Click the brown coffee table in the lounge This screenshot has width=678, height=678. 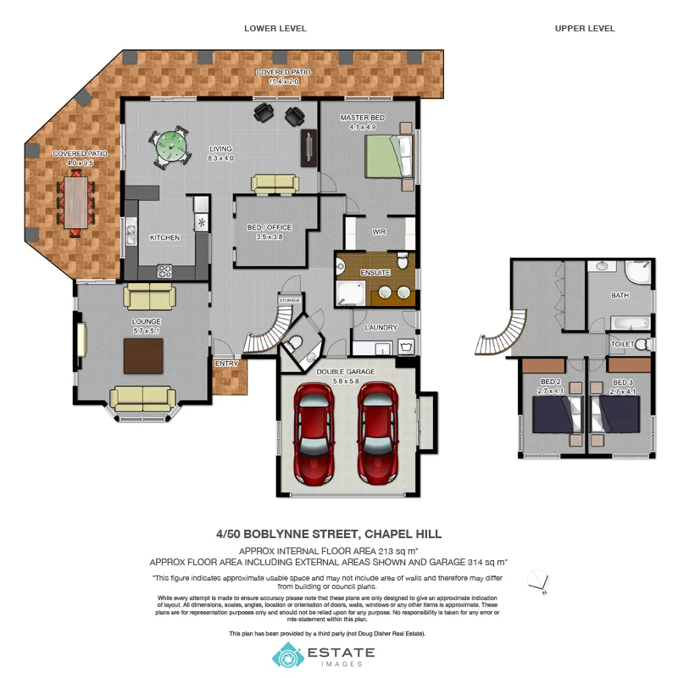[143, 355]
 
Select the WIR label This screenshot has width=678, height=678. [379, 231]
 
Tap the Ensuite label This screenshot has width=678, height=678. [375, 273]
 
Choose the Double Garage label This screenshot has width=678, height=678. [345, 371]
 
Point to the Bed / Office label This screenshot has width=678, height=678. [269, 229]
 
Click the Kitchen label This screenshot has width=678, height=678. [164, 237]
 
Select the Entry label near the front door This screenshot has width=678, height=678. [226, 364]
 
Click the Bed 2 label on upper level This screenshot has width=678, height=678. [552, 382]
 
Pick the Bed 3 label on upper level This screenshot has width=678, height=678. [624, 382]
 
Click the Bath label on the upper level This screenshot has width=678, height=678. [620, 295]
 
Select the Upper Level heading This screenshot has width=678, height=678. [585, 28]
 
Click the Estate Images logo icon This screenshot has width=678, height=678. [286, 655]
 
